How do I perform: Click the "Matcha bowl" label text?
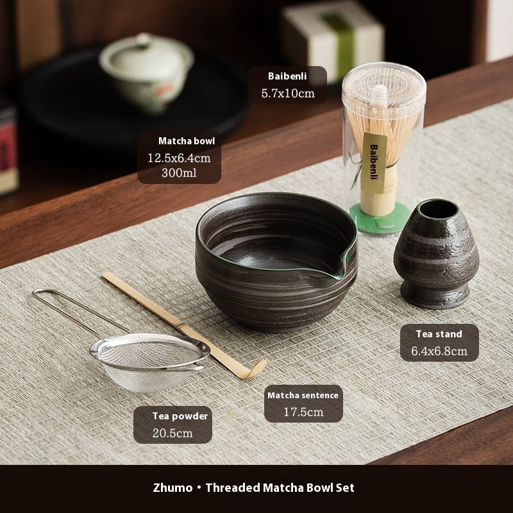pos(186,140)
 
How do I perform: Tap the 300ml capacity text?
pos(179,173)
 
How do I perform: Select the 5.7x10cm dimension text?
pos(287,94)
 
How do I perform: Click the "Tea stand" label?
pos(439,333)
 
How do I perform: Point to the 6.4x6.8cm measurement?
pos(439,351)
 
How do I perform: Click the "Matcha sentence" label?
pos(303,395)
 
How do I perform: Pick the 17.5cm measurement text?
pos(303,412)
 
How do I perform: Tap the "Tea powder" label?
pos(180,416)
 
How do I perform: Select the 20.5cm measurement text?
pos(172,433)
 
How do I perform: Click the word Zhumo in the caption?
pos(172,488)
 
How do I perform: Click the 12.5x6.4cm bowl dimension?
pos(179,157)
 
